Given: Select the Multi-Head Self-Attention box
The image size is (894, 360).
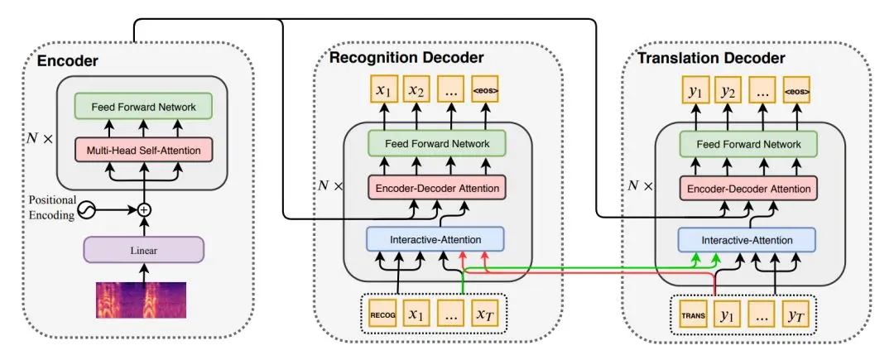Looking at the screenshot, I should coord(144,150).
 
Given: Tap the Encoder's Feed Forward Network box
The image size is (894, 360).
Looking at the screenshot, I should coord(144,105).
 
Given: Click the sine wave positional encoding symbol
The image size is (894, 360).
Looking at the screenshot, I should coord(86,211).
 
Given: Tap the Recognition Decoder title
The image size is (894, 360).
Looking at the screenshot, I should coord(406,57).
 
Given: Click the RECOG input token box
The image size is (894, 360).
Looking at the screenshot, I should coord(384,314).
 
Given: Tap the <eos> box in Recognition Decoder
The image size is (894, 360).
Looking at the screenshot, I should coord(484,89).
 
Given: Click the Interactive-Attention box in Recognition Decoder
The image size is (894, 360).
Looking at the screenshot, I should coord(435,239).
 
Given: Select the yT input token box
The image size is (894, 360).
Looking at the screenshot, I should coord(794,315).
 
